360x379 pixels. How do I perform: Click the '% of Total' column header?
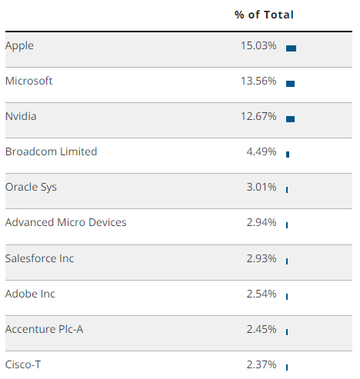pyautogui.click(x=264, y=15)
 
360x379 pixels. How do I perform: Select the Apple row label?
pyautogui.click(x=19, y=45)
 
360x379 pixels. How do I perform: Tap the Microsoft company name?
pyautogui.click(x=28, y=81)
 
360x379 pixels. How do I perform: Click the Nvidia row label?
pyautogui.click(x=21, y=116)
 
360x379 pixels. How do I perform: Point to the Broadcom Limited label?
pyautogui.click(x=51, y=151)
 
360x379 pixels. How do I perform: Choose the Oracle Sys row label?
pyautogui.click(x=31, y=187)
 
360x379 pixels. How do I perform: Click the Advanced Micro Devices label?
pyautogui.click(x=65, y=222)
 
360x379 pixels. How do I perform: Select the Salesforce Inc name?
pyautogui.click(x=39, y=258)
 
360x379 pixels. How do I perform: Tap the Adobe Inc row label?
pyautogui.click(x=30, y=293)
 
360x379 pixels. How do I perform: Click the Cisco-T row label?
pyautogui.click(x=23, y=364)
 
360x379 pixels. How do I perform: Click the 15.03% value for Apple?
pyautogui.click(x=258, y=45)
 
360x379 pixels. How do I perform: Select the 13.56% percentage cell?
pyautogui.click(x=258, y=81)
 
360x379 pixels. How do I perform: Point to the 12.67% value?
pyautogui.click(x=258, y=116)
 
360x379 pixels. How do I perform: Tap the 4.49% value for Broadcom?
pyautogui.click(x=261, y=151)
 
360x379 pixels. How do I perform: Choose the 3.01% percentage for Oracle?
pyautogui.click(x=261, y=187)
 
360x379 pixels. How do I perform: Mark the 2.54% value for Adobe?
pyautogui.click(x=261, y=293)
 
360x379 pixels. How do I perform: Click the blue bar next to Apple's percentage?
pyautogui.click(x=291, y=48)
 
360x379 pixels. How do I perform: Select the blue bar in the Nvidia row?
pyautogui.click(x=290, y=118)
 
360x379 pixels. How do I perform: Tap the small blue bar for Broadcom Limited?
pyautogui.click(x=288, y=154)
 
